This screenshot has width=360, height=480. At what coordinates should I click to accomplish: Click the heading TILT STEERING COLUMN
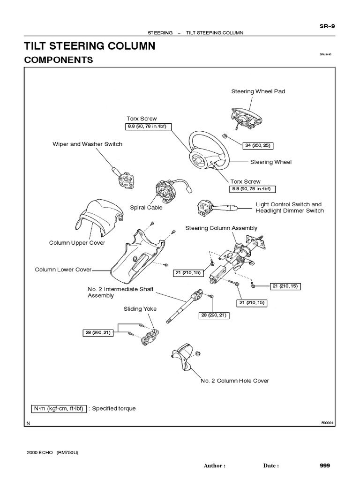coord(89,46)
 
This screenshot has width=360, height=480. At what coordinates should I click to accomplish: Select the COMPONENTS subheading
coord(58,60)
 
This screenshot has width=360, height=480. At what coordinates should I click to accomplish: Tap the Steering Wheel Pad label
coord(258,91)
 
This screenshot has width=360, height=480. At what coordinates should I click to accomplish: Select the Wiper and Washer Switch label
coord(87,144)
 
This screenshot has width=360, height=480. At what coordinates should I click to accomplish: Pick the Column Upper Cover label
coord(77,243)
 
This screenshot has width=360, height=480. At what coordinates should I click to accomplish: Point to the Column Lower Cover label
coord(63,270)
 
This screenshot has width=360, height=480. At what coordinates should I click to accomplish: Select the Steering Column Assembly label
coord(221,228)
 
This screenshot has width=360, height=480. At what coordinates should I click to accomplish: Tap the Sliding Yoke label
coord(140,309)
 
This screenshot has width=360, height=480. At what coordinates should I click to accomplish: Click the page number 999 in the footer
coord(325,465)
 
